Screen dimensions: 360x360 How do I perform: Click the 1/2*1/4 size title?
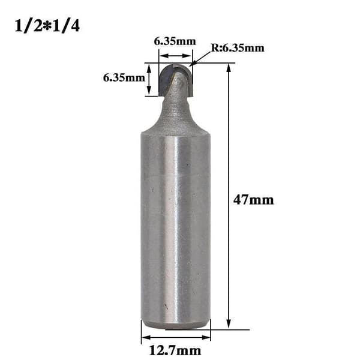[47, 26]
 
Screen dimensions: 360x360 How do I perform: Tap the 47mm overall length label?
[253, 200]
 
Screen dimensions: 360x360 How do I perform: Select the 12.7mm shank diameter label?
[175, 350]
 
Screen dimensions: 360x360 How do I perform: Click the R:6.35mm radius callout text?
[238, 48]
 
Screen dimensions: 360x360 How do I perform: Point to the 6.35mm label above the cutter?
[175, 41]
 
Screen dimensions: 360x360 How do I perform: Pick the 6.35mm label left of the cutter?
[124, 77]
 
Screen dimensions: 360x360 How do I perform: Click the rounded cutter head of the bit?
[176, 80]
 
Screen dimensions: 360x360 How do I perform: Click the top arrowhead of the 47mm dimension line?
[229, 68]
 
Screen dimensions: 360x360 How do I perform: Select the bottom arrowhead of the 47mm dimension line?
[229, 324]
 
